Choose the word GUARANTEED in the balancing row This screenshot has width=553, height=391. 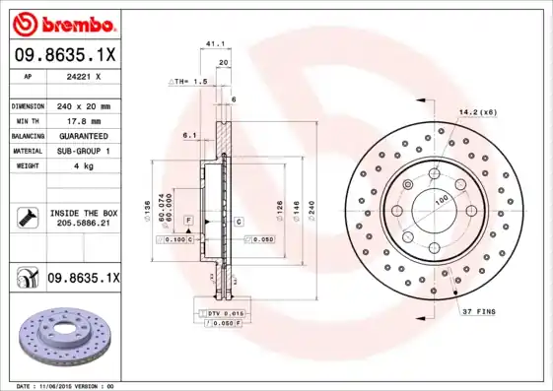[84, 135]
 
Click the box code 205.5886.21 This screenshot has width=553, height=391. [84, 224]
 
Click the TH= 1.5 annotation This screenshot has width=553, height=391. [189, 81]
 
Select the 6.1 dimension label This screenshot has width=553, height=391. [189, 135]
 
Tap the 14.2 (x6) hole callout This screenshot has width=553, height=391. [477, 111]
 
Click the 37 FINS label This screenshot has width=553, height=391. [479, 312]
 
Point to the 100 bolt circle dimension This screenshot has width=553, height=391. [441, 200]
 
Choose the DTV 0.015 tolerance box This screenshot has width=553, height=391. [224, 312]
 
